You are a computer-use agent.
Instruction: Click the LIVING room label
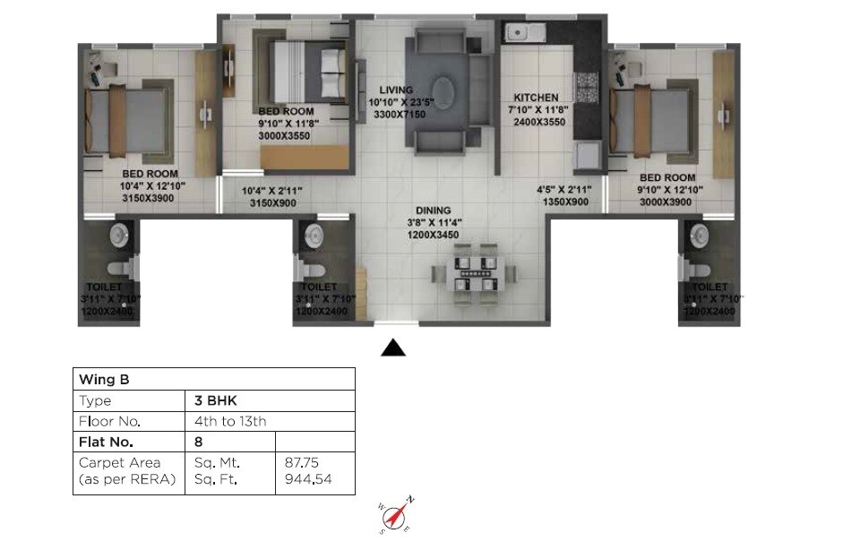pos(396,90)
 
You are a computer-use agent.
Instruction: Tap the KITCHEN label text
pos(536,98)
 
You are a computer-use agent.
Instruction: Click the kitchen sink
pos(522,34)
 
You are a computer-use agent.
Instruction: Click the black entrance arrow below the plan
pos(393,348)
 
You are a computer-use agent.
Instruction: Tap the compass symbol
pos(397,515)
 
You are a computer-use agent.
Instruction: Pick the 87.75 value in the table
pos(302,463)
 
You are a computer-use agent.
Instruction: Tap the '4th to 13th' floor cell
pos(230,421)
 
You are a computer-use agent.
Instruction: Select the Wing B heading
pos(99,379)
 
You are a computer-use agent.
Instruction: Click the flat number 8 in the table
pos(198,442)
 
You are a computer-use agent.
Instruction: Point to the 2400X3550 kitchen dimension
pos(538,122)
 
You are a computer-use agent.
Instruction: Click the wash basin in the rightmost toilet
pos(699,235)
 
